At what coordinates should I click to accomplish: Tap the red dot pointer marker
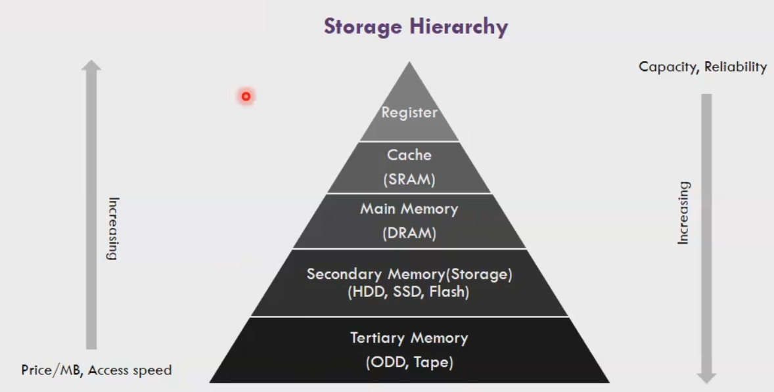(246, 97)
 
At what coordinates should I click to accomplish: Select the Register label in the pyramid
(409, 112)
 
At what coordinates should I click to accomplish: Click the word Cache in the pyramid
(409, 155)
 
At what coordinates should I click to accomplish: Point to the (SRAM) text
(409, 179)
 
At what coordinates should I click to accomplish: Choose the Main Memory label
(409, 209)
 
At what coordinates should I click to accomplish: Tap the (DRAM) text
(409, 233)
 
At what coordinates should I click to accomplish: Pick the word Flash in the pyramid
(449, 292)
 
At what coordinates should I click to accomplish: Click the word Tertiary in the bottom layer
(378, 338)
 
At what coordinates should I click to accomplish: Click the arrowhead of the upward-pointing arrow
(92, 65)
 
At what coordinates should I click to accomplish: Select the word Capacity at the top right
(665, 67)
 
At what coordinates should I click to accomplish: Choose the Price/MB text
(51, 370)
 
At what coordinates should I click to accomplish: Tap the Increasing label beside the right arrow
(684, 213)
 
